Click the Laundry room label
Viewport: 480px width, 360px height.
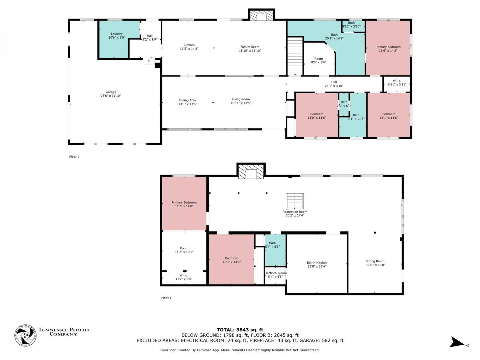[x=117, y=36]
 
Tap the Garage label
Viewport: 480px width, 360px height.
[x=111, y=94]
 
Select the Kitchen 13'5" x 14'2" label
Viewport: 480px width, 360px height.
[x=189, y=47]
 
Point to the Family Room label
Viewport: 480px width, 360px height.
[x=250, y=49]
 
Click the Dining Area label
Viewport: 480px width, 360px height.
[x=188, y=102]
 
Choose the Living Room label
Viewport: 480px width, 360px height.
[x=241, y=101]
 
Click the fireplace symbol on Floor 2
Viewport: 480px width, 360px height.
[x=261, y=15]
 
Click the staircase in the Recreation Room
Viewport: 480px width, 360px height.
[x=295, y=201]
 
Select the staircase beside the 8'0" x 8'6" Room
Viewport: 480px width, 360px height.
[x=295, y=56]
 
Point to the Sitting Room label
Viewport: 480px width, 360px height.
[x=375, y=263]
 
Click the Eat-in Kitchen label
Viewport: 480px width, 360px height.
[x=317, y=265]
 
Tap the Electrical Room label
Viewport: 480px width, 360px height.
[x=276, y=275]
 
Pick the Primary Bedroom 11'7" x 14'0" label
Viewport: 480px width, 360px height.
[x=184, y=204]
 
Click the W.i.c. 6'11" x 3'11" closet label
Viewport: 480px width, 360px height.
[x=397, y=83]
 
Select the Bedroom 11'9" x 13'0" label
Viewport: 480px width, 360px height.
[x=231, y=260]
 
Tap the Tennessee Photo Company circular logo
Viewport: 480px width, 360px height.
[x=25, y=335]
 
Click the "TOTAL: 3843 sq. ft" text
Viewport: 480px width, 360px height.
[x=240, y=330]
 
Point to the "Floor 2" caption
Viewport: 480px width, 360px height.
[x=74, y=157]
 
